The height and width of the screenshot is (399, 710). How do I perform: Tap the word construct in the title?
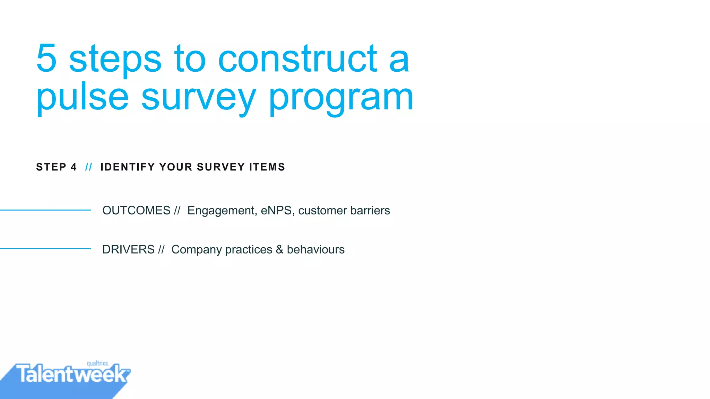(297, 59)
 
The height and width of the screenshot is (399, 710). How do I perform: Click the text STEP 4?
(56, 167)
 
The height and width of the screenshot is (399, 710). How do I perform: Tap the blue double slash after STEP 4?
(89, 167)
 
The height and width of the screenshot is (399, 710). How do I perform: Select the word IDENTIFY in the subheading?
(128, 167)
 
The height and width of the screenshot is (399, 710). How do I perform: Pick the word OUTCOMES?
(136, 210)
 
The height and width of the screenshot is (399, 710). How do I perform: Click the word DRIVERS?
(128, 249)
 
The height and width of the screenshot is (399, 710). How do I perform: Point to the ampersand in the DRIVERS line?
(279, 249)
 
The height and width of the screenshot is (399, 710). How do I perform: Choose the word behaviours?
(315, 249)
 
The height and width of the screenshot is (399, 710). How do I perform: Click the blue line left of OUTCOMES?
(45, 210)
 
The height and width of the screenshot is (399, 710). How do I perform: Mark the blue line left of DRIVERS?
(45, 248)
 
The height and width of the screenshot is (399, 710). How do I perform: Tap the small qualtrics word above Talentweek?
(97, 363)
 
